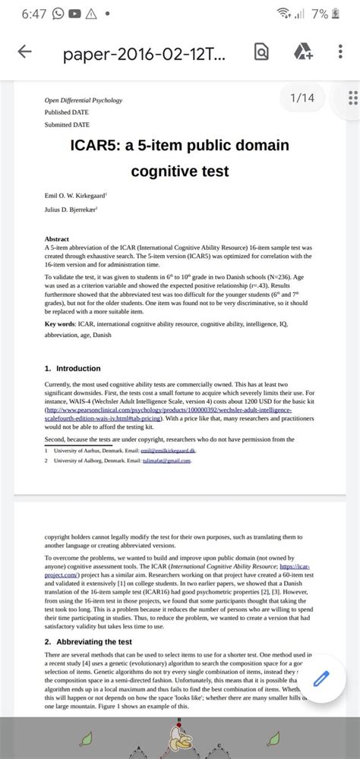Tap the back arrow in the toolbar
click(25, 52)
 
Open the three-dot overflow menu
click(339, 52)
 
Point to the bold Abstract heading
click(57, 238)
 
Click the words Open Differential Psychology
click(84, 100)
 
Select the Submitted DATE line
click(67, 124)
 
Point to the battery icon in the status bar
click(346, 14)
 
